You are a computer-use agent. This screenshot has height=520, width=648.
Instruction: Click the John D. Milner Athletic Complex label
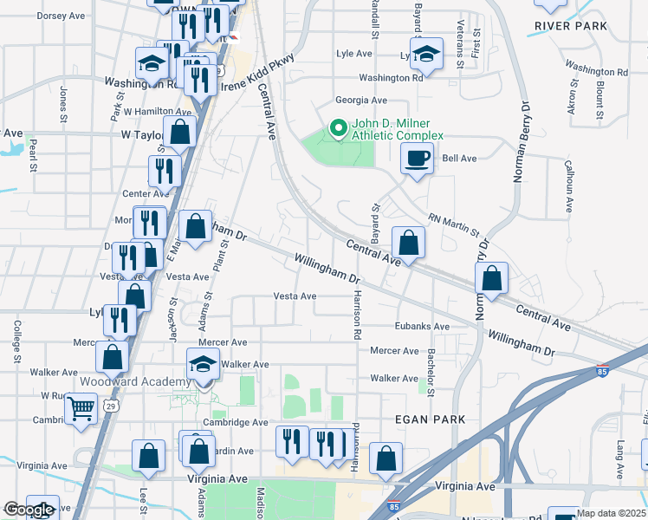coord(397,129)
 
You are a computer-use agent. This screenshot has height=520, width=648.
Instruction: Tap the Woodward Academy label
coord(134,382)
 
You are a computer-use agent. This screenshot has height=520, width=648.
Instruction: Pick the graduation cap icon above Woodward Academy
coord(203,365)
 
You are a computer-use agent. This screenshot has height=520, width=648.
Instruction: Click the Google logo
coord(28,510)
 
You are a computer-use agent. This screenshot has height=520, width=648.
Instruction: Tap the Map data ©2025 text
coord(611,513)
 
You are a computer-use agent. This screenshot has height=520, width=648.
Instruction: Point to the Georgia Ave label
coord(361,101)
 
